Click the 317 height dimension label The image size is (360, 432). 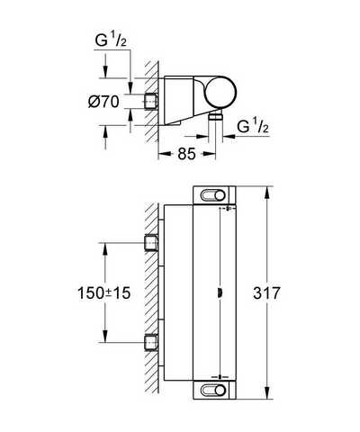266,292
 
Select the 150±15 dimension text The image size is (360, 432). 104,292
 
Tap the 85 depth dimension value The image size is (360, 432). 186,154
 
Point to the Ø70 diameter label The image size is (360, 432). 103,102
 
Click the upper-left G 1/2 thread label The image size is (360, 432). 111,40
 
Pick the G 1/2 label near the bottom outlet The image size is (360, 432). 253,127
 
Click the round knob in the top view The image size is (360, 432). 221,92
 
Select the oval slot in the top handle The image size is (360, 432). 213,195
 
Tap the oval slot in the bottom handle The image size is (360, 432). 213,390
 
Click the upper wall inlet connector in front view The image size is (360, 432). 151,243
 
